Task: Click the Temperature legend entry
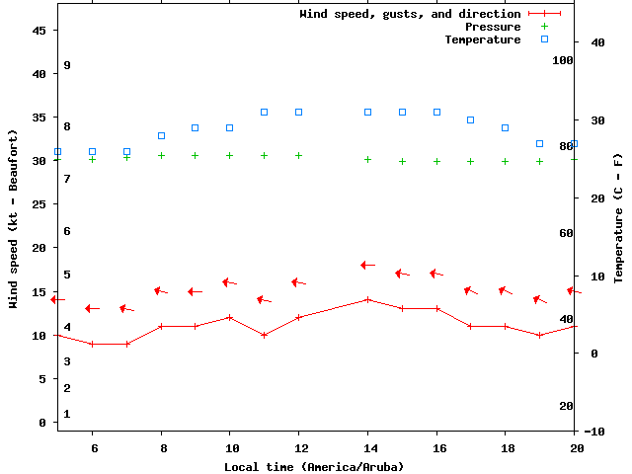click(x=482, y=39)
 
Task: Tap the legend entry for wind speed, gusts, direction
click(x=410, y=14)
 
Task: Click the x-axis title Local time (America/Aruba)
click(x=314, y=466)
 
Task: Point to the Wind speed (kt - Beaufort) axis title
click(x=15, y=218)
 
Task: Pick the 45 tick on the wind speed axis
click(x=39, y=31)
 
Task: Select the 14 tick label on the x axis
click(x=367, y=447)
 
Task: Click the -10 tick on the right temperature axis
click(x=594, y=432)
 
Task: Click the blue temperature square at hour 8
click(x=161, y=135)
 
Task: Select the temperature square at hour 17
click(x=471, y=119)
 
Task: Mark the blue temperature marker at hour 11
click(x=265, y=113)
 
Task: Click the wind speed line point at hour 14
click(x=367, y=299)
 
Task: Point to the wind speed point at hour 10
click(x=230, y=317)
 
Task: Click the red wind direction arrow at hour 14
click(x=367, y=265)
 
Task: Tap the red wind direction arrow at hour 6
click(x=92, y=308)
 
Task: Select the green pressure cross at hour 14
click(x=367, y=159)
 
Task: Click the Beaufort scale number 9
click(x=67, y=65)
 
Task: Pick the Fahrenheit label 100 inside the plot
click(x=563, y=60)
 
